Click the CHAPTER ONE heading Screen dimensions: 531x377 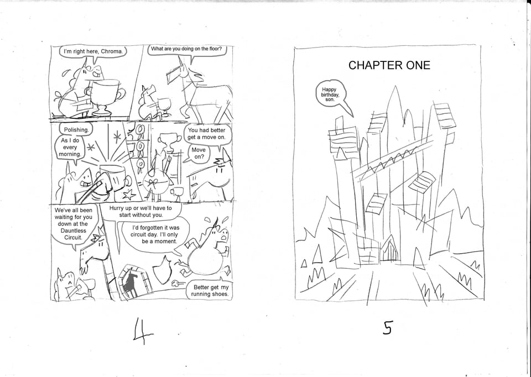(389, 65)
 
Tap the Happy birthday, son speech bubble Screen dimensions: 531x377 (330, 95)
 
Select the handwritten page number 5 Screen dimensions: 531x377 (388, 328)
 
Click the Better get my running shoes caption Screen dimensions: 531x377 (211, 291)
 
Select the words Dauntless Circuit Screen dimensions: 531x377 (73, 234)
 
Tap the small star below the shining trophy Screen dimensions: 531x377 (129, 195)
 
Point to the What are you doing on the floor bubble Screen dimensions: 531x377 (186, 49)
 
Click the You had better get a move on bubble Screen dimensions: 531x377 (206, 134)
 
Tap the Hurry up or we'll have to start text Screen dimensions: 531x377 (140, 212)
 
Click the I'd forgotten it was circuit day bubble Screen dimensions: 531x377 (155, 234)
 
